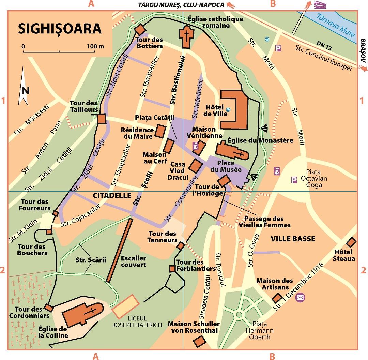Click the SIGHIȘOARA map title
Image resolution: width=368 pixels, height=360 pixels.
point(59,28)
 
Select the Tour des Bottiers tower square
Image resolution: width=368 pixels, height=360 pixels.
point(140,29)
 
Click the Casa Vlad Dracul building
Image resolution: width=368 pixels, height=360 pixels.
point(196,166)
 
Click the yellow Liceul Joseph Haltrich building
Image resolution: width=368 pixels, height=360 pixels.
point(126,306)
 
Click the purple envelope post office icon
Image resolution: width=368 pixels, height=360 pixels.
point(300,297)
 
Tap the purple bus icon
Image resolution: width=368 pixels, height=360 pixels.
point(320,5)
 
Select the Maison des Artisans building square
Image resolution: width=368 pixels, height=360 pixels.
point(276,298)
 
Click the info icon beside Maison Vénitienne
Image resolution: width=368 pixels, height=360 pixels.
point(195,146)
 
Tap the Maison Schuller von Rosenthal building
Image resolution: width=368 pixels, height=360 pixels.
point(199,341)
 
